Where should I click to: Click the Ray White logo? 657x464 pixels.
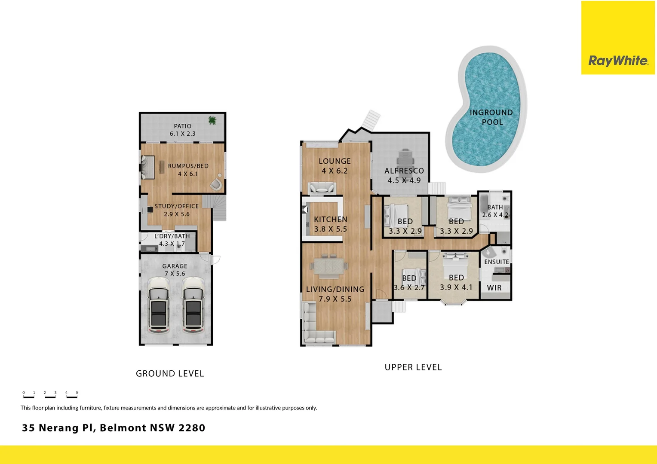[618, 61]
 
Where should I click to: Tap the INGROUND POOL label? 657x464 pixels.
[491, 117]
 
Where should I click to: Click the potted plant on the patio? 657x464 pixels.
[212, 120]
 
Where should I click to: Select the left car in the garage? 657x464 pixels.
[159, 305]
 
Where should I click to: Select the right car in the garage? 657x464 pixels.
[193, 305]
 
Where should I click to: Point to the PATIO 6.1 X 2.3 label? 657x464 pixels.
[182, 130]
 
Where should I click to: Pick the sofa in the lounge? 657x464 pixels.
[322, 188]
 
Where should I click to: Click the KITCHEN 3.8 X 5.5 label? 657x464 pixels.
[330, 224]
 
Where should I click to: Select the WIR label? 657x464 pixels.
[494, 288]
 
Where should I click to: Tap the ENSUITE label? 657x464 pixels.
[497, 262]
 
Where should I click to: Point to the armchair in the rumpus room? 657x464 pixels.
[216, 184]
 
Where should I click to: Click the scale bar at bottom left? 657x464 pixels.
[50, 394]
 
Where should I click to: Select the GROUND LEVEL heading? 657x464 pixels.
[170, 374]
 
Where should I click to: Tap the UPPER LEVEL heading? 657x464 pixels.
[413, 367]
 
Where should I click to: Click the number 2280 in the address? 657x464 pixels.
[192, 428]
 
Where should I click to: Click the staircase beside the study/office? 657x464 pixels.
[218, 207]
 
